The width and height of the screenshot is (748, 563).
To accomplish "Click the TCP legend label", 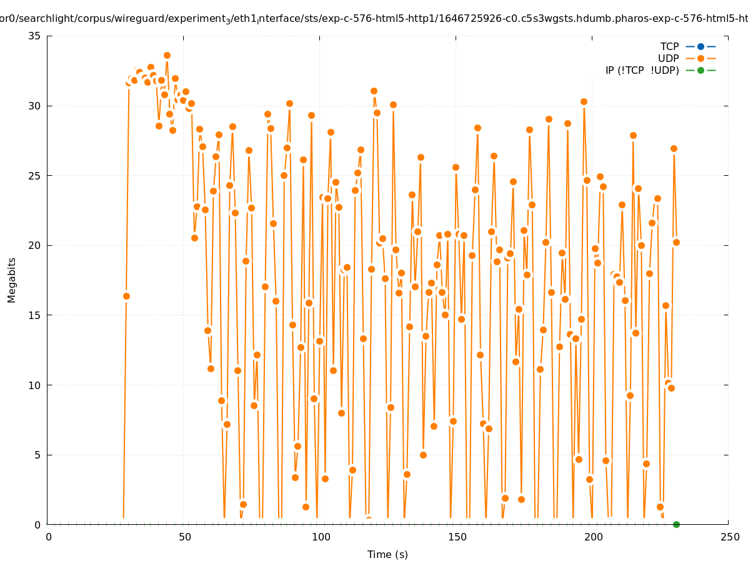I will [669, 46].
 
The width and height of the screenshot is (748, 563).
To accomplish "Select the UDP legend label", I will [668, 58].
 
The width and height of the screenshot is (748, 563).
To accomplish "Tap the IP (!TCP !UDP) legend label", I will [642, 70].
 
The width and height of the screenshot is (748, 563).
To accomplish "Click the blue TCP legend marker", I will [701, 46].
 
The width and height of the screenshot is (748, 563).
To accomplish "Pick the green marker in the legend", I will [701, 70].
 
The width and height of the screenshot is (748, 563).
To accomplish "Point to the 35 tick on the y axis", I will [35, 36].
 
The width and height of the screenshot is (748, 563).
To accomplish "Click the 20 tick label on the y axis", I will [35, 245].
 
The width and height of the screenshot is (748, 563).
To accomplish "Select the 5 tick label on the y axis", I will [37, 455].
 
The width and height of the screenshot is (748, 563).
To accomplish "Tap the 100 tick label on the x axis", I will [321, 537].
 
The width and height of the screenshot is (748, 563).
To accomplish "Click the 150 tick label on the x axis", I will [457, 537].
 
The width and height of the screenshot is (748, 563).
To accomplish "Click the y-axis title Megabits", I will [12, 280].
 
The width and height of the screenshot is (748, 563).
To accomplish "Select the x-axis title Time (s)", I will [387, 554].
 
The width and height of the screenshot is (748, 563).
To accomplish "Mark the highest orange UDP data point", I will [167, 55].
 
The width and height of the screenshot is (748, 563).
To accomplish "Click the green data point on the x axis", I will [676, 524].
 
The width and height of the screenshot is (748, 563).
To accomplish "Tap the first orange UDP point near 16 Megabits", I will [126, 296].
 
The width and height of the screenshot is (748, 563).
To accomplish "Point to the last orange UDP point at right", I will [676, 242].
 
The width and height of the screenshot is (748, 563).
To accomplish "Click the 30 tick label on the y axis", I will [35, 106].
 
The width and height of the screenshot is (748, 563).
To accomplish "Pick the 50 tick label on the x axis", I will [184, 537].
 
